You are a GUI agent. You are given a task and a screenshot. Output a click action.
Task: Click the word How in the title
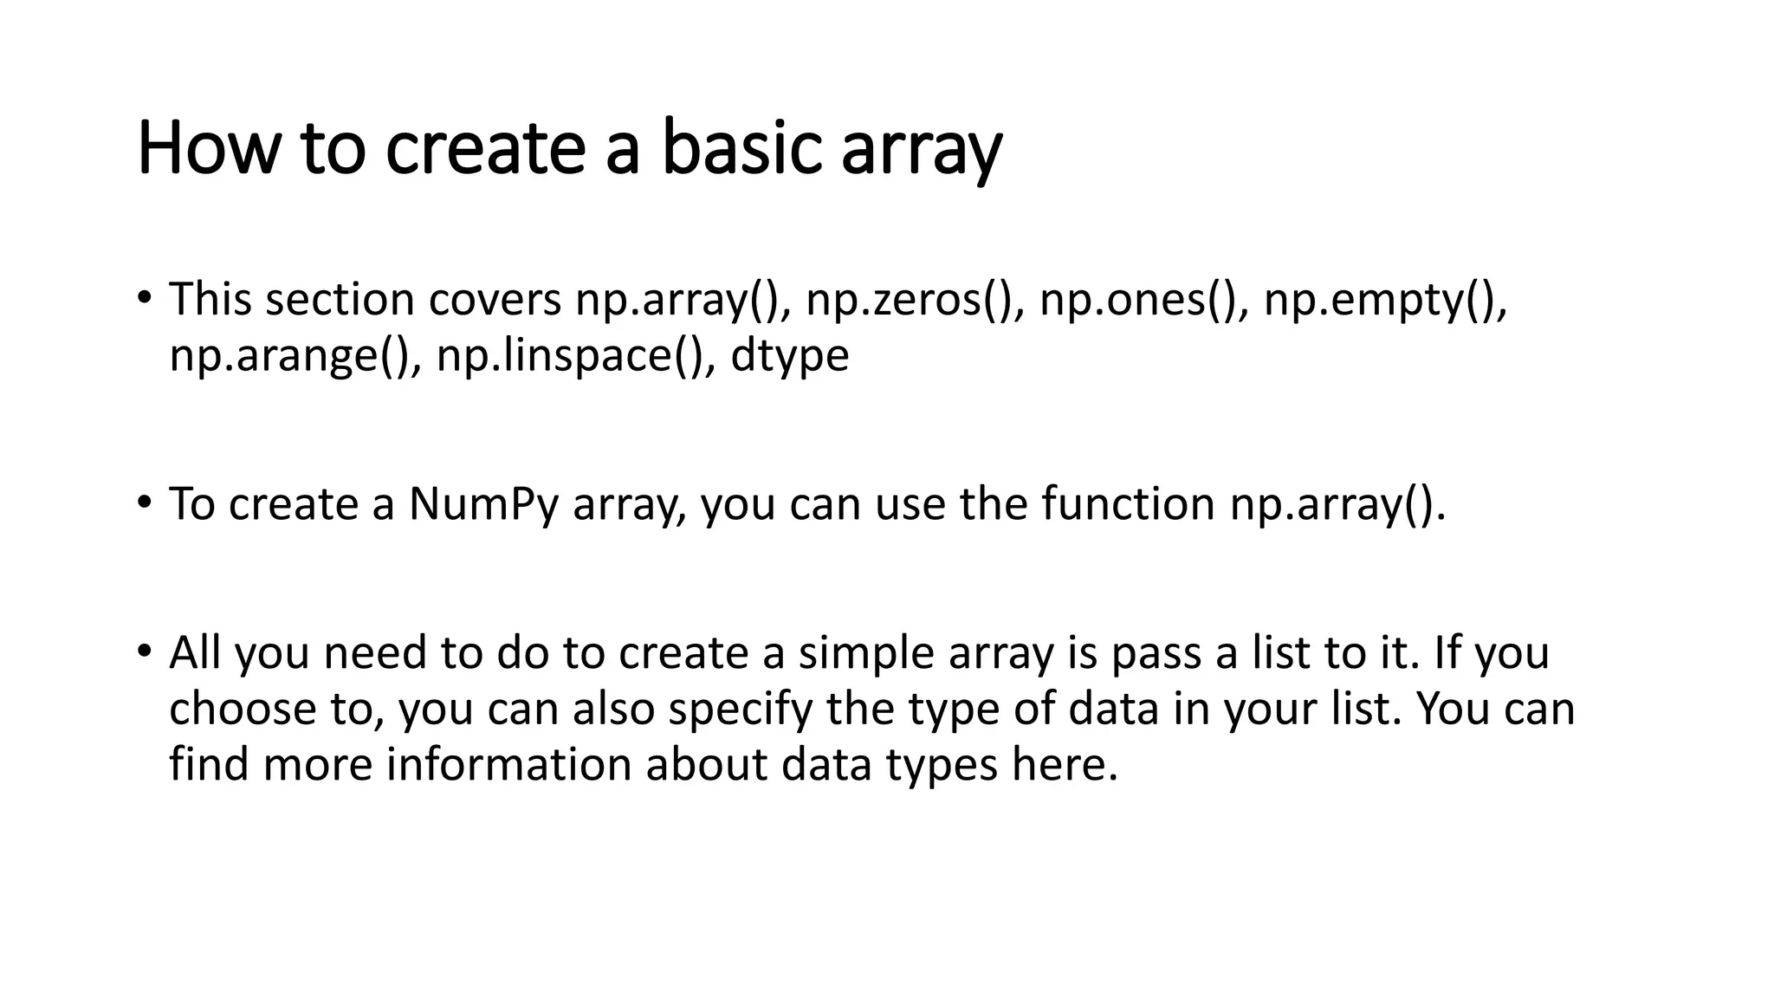tap(209, 149)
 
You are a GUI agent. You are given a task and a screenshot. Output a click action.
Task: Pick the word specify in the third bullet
tap(741, 710)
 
